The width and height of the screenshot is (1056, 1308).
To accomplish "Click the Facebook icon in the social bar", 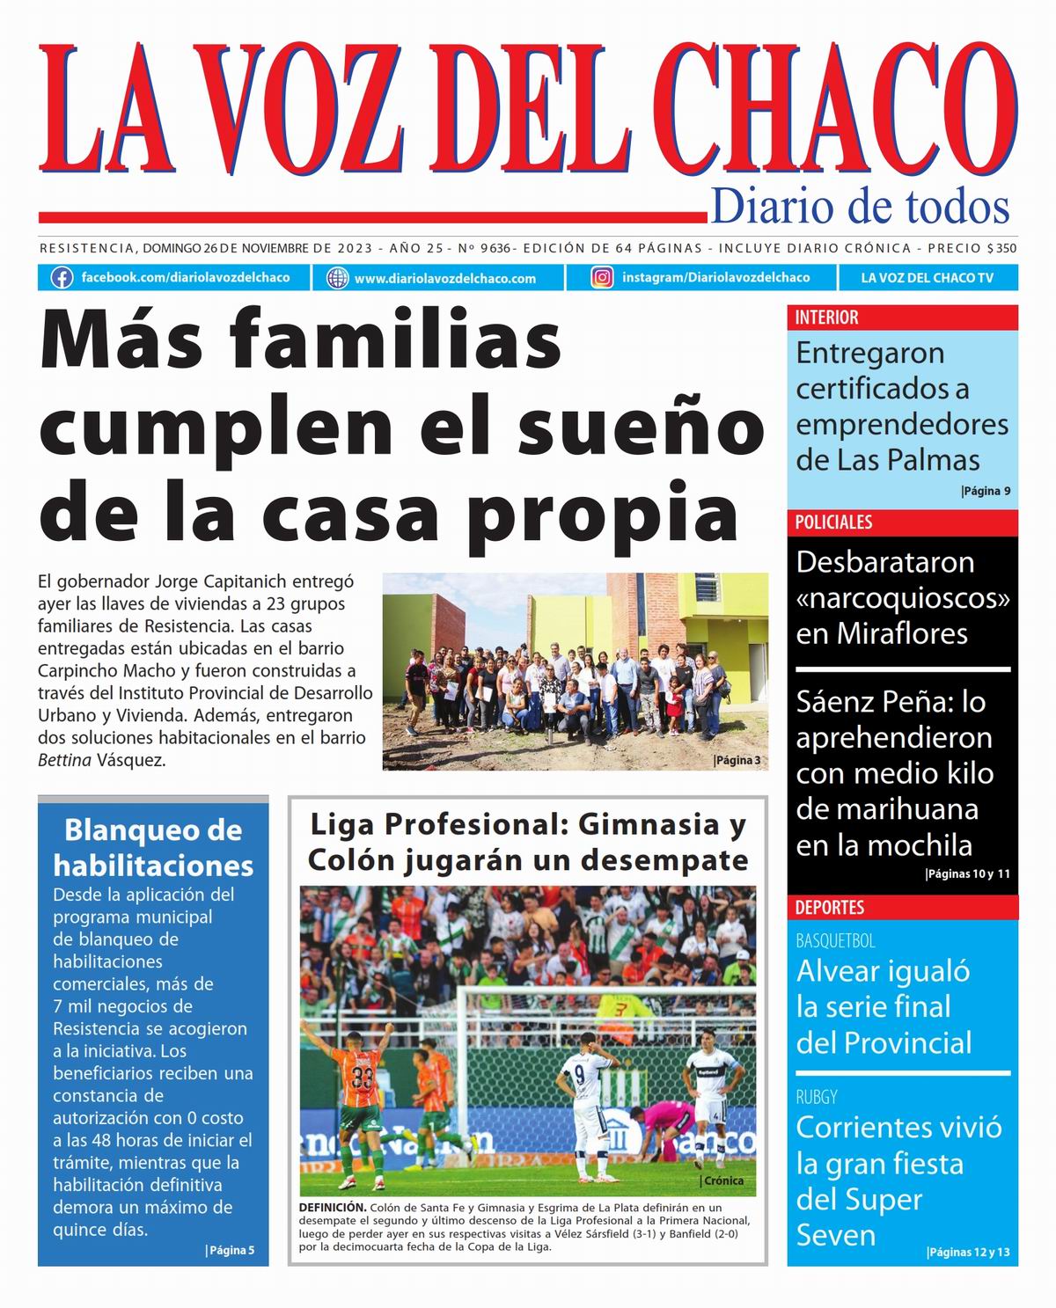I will click(62, 278).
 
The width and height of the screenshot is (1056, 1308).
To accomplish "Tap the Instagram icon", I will click(602, 278).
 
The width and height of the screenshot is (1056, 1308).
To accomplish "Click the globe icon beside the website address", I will click(337, 278).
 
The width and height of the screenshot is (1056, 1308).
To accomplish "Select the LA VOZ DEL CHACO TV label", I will click(927, 278).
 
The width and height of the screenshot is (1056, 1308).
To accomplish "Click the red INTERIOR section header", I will click(827, 318).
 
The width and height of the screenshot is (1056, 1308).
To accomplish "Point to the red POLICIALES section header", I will click(833, 522).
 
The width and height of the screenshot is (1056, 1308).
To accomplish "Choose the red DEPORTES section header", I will click(830, 907).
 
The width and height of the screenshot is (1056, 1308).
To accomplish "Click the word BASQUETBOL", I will click(835, 941).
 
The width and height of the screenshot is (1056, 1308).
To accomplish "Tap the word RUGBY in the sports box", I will click(817, 1097).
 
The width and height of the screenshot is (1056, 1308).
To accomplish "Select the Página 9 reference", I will click(986, 491).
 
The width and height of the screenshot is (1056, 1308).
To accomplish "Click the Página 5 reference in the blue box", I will click(230, 1250).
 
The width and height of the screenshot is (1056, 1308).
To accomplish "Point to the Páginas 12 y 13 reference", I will click(968, 1253).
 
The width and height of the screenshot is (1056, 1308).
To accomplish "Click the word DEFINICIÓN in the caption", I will click(332, 1208).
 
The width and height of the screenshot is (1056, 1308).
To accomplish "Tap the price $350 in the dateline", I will click(1001, 249).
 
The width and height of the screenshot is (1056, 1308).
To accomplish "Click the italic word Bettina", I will click(65, 761).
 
